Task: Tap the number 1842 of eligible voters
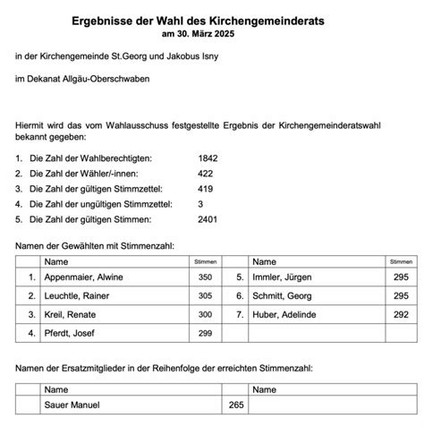point(208,158)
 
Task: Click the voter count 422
point(206,173)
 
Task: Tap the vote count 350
point(206,278)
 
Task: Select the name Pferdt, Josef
point(72,334)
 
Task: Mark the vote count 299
point(206,334)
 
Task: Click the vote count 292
point(401,316)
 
